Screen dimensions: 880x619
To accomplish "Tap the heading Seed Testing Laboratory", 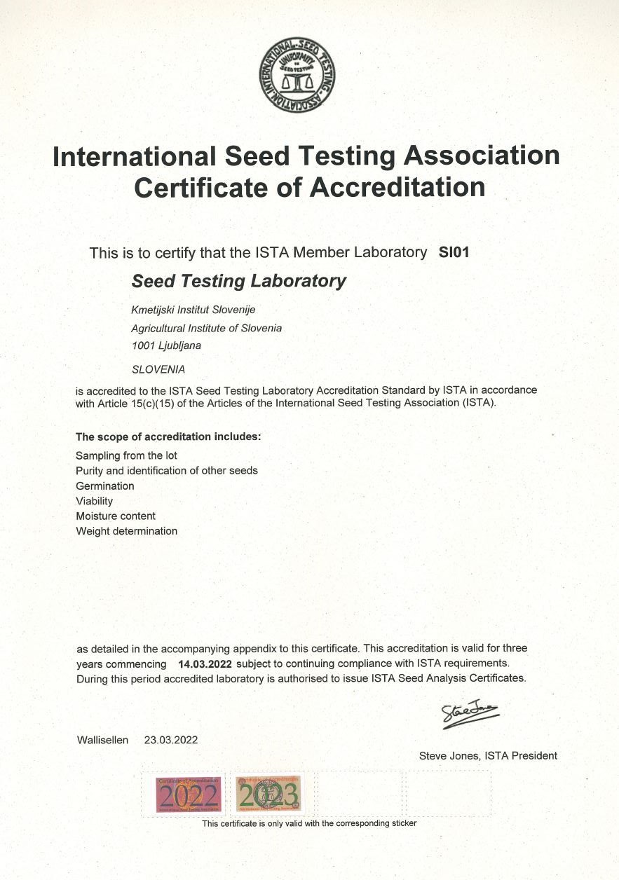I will (239, 281).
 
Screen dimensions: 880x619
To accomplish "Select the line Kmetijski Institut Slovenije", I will (189, 310).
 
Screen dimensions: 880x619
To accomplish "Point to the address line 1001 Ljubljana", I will (166, 345).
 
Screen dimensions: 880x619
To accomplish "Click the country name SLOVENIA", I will (158, 369).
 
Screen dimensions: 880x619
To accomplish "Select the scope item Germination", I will (104, 486).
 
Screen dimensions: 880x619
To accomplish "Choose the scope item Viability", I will (94, 501).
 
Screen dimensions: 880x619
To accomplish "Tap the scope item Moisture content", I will (116, 516).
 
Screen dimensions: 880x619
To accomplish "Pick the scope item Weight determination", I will (126, 531).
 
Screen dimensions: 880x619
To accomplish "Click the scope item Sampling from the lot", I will (126, 455).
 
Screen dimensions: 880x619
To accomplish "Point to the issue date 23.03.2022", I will (171, 740).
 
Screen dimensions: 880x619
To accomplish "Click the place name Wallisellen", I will (102, 740).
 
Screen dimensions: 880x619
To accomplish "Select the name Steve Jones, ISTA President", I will (488, 755).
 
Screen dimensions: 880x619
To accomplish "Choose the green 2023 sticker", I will (268, 794).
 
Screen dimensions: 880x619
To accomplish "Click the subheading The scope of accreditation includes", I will (168, 436).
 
